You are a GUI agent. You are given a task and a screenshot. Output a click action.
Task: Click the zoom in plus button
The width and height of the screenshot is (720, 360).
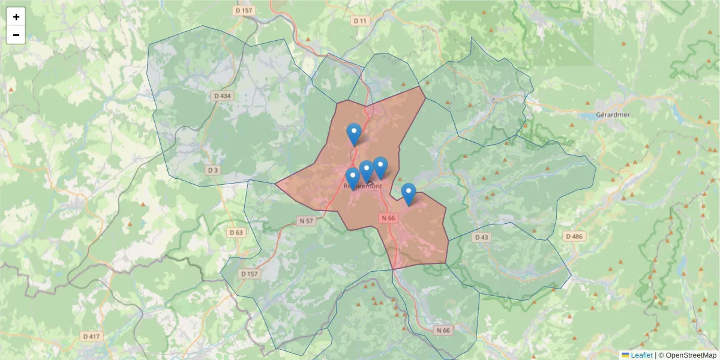[16, 17]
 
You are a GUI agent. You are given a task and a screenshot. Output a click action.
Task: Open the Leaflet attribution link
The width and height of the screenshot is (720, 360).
[641, 355]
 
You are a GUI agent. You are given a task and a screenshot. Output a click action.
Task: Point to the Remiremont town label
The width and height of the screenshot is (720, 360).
[363, 186]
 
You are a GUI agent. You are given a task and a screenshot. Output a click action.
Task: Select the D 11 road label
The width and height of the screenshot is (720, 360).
[359, 20]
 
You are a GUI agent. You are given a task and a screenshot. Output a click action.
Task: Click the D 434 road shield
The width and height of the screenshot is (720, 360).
[222, 96]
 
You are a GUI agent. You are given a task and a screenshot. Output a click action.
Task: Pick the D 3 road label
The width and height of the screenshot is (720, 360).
[213, 170]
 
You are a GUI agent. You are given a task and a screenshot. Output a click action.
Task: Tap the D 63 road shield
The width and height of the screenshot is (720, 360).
[236, 232]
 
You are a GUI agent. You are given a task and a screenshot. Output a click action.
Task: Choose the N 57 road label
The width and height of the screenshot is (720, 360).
[306, 221]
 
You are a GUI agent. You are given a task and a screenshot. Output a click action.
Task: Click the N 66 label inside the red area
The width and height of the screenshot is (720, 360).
[388, 218]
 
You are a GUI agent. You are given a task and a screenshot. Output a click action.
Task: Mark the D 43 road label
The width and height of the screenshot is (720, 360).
[482, 238]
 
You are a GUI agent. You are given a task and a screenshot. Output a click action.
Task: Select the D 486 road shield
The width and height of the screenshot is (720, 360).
[574, 236]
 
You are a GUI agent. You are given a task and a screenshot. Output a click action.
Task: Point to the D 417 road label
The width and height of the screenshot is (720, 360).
[91, 336]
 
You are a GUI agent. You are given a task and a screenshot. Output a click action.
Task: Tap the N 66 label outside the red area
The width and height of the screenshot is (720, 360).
[443, 330]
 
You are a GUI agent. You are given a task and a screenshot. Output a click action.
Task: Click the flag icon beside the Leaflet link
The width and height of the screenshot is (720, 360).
[626, 355]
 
